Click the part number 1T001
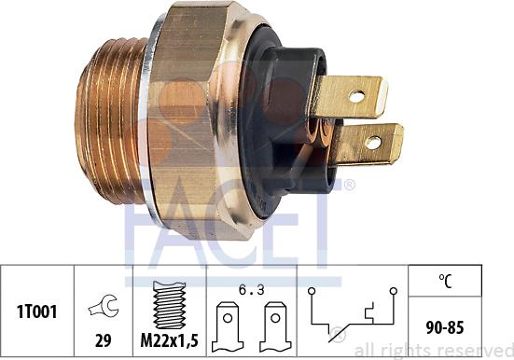click(36, 312)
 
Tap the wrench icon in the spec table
click(104, 306)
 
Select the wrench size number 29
click(103, 341)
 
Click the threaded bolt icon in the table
click(169, 305)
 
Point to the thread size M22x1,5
click(169, 341)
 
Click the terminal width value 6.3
click(252, 290)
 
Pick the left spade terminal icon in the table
click(228, 326)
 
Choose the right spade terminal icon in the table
click(275, 326)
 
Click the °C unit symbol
click(445, 281)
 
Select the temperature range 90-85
click(445, 327)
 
